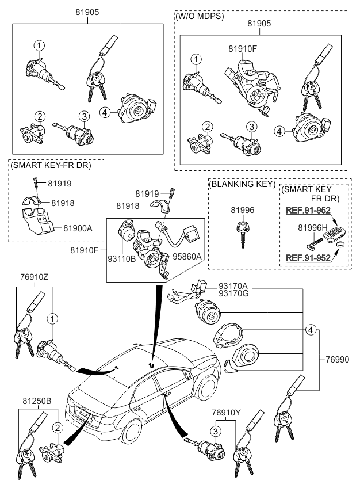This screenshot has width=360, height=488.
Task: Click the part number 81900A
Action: tap(78, 228)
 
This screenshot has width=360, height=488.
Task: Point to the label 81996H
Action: tap(313, 228)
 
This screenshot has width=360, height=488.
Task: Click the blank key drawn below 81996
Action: tap(241, 234)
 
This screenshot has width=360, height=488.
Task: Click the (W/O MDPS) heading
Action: tap(200, 16)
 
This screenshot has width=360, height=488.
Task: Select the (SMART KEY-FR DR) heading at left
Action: tap(49, 165)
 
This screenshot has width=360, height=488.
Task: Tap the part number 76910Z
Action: tap(35, 277)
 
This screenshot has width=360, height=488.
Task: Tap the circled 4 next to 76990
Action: tap(311, 330)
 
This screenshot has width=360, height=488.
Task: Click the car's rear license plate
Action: tap(85, 413)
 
